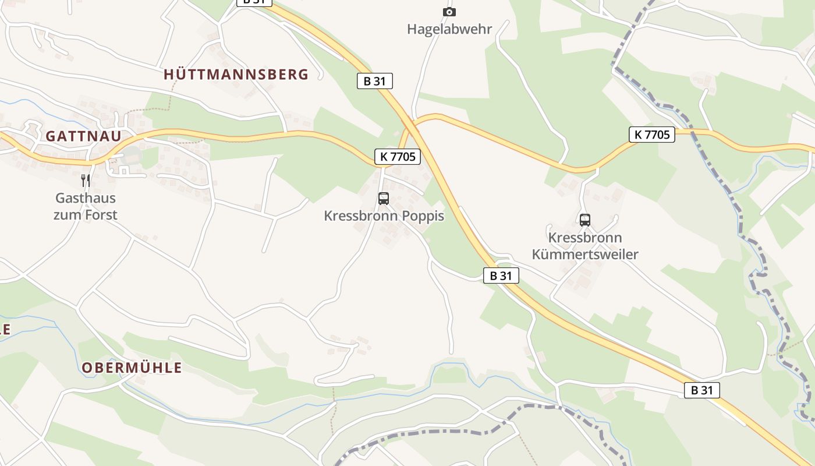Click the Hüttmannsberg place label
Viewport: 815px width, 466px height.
(x=236, y=75)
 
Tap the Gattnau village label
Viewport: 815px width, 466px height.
(x=83, y=136)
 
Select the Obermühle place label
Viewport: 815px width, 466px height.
(x=132, y=368)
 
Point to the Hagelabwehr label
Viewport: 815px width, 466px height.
(x=449, y=29)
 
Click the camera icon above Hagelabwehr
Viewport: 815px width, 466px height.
(x=449, y=12)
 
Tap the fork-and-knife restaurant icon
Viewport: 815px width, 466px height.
(x=86, y=181)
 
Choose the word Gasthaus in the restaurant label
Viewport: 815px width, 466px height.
(x=86, y=198)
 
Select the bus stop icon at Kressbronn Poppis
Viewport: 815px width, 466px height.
(x=383, y=198)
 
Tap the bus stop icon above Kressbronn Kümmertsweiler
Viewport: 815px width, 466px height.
(x=584, y=220)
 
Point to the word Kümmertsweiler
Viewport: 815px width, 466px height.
(x=585, y=255)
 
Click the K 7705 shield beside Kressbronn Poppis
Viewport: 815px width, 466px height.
(x=397, y=156)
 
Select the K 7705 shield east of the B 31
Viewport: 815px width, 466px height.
(x=651, y=135)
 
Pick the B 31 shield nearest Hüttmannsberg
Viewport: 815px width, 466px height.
(x=374, y=81)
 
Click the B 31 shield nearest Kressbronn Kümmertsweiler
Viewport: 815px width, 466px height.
(x=501, y=276)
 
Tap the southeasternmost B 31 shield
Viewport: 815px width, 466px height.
(x=701, y=390)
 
